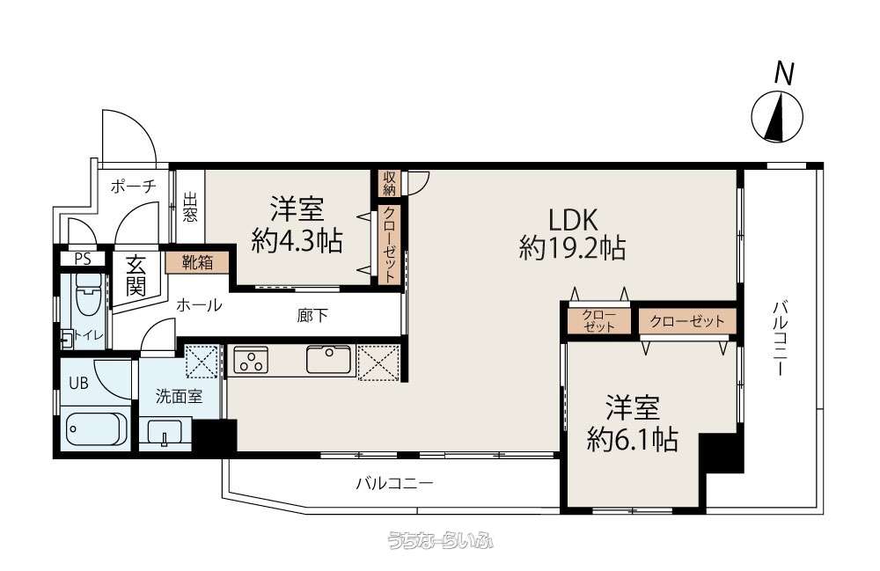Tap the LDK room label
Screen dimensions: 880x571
(x=573, y=220)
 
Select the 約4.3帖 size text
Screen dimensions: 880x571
(x=297, y=241)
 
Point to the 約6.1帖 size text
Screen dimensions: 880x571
(x=633, y=439)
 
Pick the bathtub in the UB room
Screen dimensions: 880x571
(x=94, y=431)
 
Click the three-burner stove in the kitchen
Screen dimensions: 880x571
(x=251, y=360)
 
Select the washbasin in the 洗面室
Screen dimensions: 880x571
(x=165, y=433)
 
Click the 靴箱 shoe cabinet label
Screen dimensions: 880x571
(x=197, y=262)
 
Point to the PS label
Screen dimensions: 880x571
(x=83, y=260)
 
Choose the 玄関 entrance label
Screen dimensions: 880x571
(x=136, y=275)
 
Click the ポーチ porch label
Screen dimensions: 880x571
(x=133, y=187)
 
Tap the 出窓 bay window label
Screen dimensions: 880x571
(x=190, y=208)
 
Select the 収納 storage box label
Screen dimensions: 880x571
(x=389, y=183)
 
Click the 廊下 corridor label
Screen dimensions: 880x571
(x=312, y=316)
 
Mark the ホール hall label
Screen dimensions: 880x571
(x=199, y=305)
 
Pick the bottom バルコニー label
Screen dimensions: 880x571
(x=394, y=483)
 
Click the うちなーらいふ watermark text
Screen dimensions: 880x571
(x=441, y=541)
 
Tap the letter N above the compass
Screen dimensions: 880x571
(x=784, y=74)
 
